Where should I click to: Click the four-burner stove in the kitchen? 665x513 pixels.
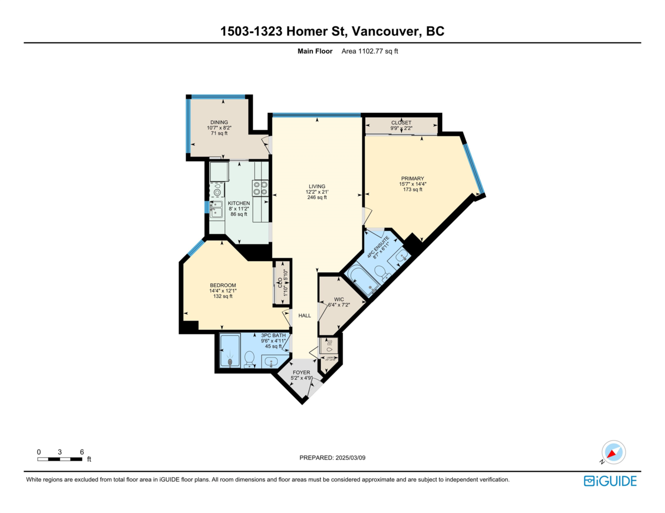[260, 189]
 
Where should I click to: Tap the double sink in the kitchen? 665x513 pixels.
[216, 209]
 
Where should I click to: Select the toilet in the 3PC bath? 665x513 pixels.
[249, 360]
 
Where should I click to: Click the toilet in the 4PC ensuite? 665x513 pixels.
[381, 273]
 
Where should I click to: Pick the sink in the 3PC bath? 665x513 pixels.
[271, 361]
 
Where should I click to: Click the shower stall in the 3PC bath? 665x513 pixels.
[230, 351]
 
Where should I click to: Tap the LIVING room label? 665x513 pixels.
[317, 186]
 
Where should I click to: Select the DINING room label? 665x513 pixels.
[219, 122]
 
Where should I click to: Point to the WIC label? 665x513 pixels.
[339, 299]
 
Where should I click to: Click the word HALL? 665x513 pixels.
[305, 315]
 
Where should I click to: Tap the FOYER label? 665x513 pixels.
[301, 372]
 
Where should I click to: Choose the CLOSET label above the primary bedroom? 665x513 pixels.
[401, 122]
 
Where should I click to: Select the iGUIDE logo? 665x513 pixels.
[610, 481]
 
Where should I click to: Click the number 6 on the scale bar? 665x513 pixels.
[81, 452]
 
